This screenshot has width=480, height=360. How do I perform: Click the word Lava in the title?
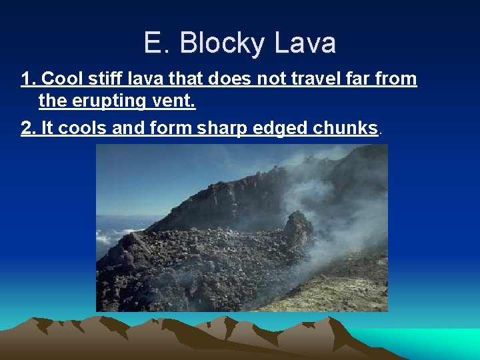tap(304, 44)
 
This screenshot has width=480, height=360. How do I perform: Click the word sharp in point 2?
tap(223, 128)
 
